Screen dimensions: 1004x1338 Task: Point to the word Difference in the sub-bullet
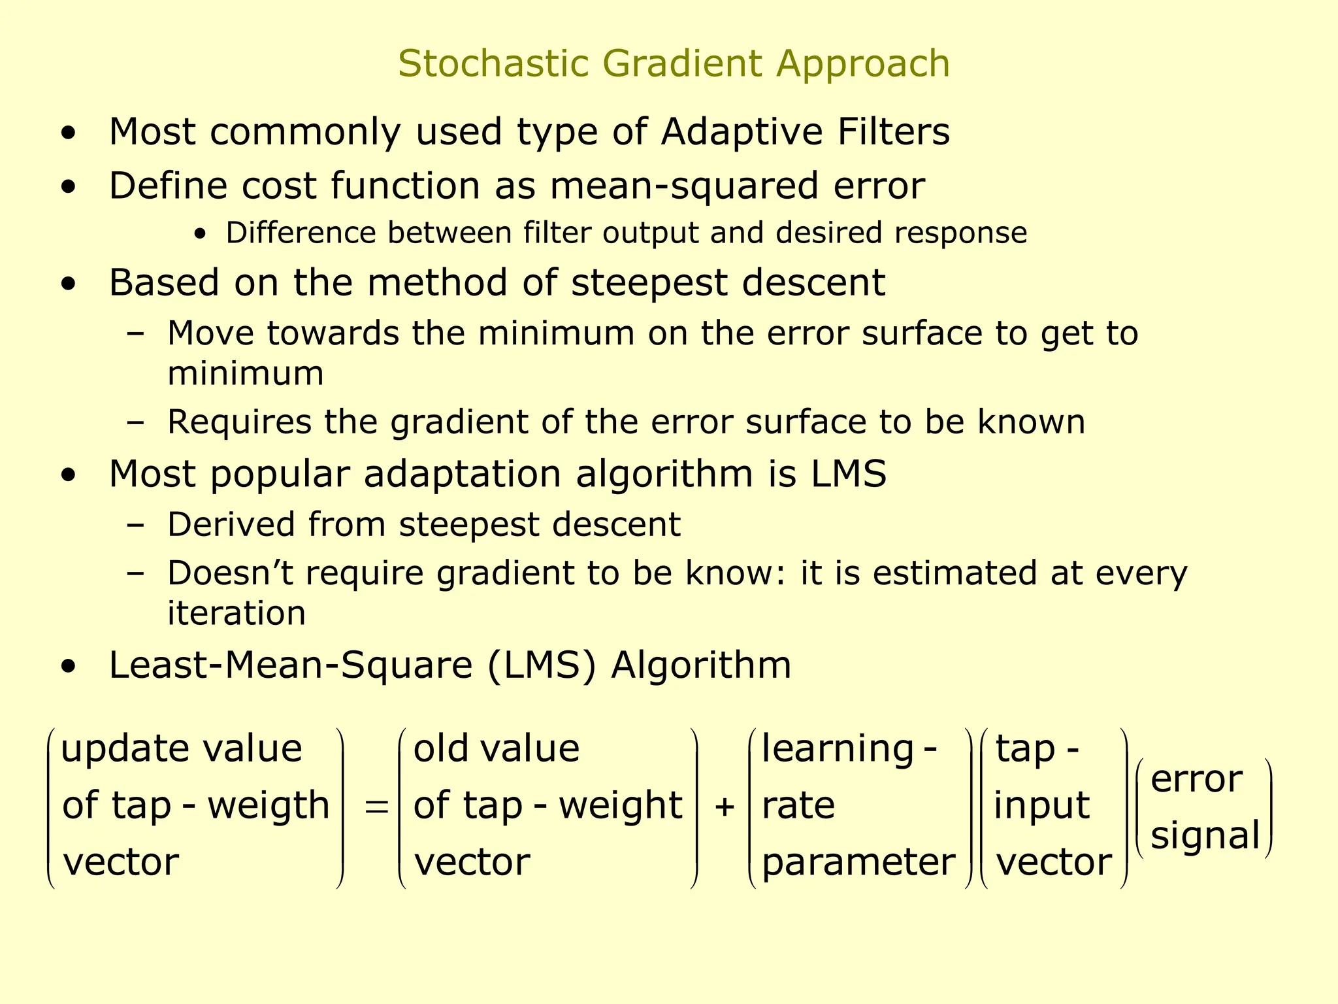point(301,233)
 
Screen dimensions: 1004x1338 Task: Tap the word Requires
point(239,422)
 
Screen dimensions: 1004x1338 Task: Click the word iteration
point(237,613)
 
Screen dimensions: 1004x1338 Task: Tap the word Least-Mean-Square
point(291,665)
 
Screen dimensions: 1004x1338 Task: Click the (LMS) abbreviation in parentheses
point(542,666)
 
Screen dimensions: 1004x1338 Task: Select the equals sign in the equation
point(376,807)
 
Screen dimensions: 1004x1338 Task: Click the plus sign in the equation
point(724,807)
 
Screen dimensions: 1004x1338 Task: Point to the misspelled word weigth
point(269,805)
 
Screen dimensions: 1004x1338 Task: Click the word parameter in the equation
point(858,863)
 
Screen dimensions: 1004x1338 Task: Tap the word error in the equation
point(1196,780)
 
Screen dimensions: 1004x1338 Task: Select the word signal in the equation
point(1205,836)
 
